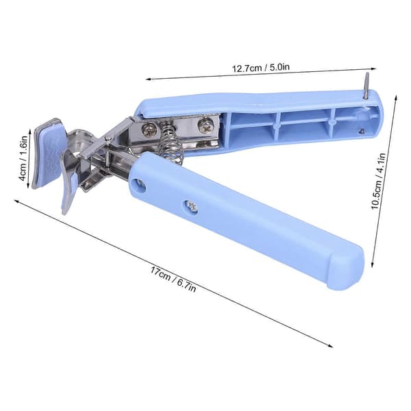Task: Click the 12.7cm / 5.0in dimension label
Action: click(261, 68)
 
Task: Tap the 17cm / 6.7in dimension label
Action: click(173, 279)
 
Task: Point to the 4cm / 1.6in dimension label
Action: click(23, 158)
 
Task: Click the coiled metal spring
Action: click(171, 143)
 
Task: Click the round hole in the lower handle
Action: click(138, 185)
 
